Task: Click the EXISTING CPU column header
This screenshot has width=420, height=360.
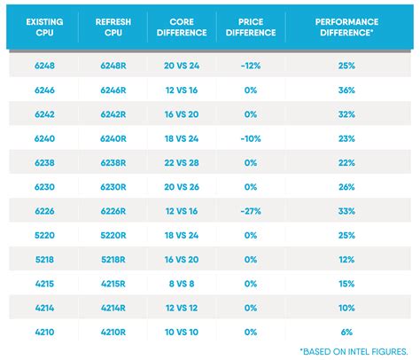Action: click(x=45, y=27)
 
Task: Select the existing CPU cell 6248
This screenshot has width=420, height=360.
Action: click(x=45, y=66)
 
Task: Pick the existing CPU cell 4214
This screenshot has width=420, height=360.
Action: click(x=45, y=308)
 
